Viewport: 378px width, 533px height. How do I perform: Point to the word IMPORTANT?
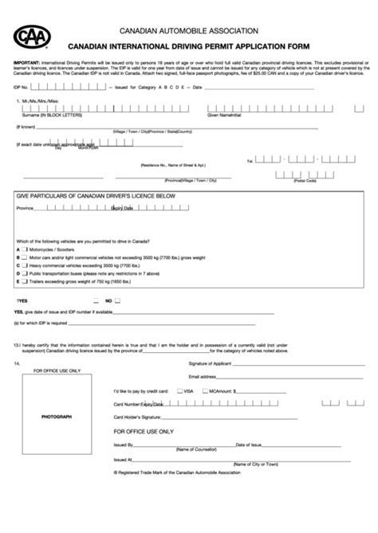pos(28,61)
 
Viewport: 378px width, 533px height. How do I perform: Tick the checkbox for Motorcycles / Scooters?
pos(25,249)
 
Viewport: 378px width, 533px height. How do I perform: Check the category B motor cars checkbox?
pos(25,257)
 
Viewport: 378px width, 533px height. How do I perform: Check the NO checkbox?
pos(118,301)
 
